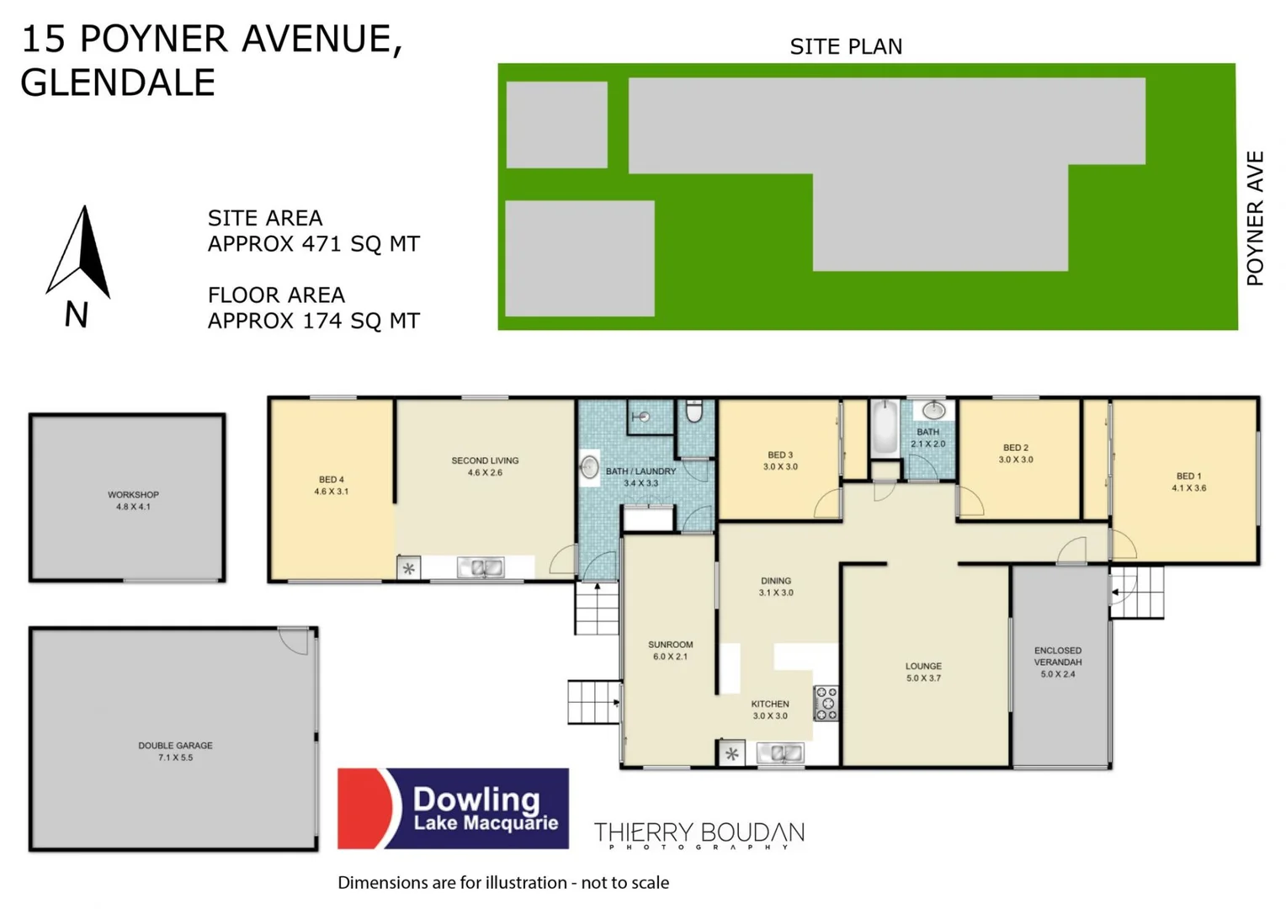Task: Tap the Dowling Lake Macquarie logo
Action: click(453, 808)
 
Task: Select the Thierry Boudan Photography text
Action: click(699, 835)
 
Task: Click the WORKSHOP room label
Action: click(133, 495)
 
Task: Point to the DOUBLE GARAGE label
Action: click(175, 746)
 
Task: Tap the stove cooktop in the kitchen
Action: click(826, 704)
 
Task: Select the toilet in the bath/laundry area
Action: click(693, 412)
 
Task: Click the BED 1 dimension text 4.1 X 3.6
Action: click(1188, 488)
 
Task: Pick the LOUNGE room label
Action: click(923, 666)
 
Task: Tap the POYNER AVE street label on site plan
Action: click(1255, 219)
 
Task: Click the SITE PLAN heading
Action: click(846, 47)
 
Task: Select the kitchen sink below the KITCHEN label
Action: click(779, 753)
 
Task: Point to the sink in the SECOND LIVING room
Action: click(481, 568)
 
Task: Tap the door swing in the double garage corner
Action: click(295, 641)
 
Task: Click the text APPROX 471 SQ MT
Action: click(313, 244)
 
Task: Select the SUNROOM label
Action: click(670, 645)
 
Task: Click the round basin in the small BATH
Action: click(933, 411)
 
